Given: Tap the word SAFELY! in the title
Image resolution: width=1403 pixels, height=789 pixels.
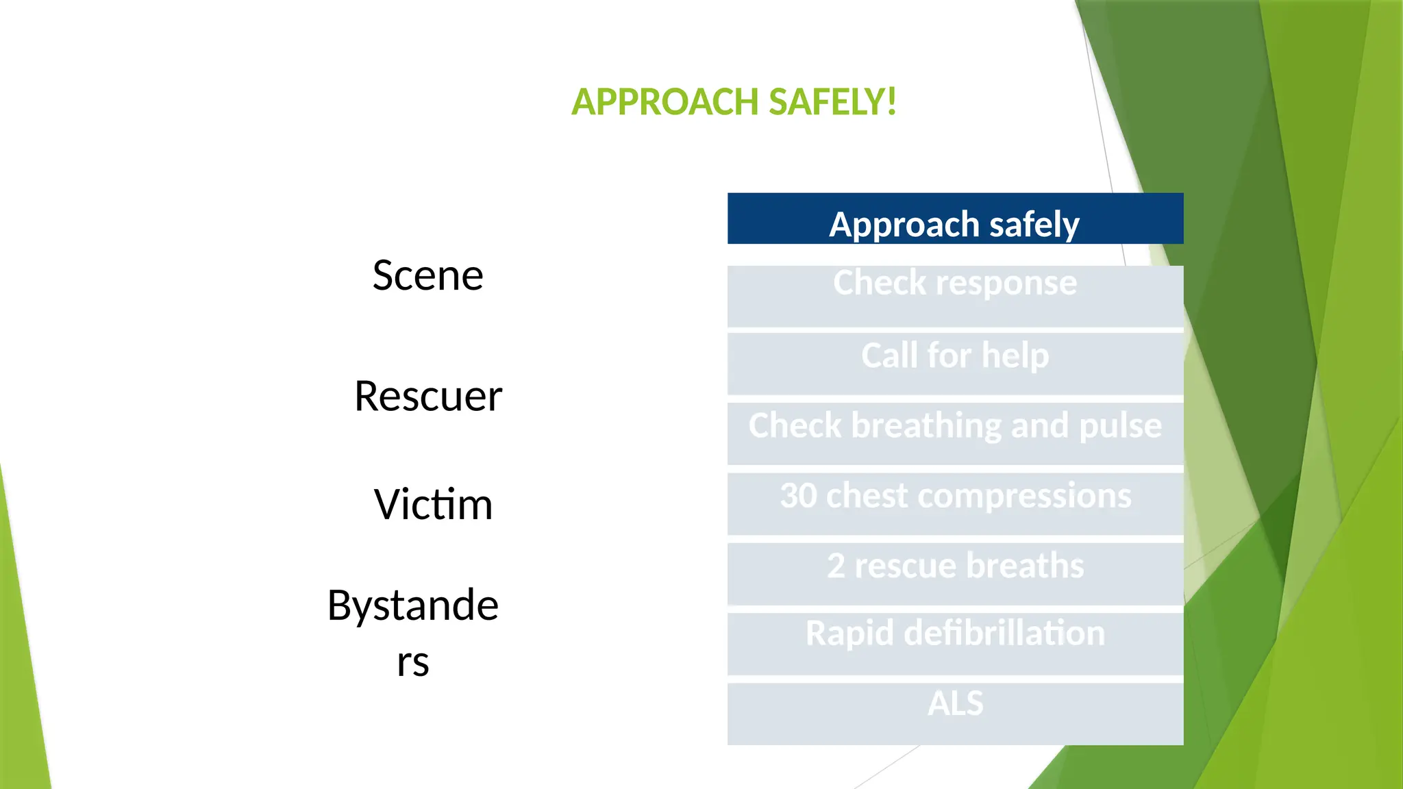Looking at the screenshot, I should [x=832, y=102].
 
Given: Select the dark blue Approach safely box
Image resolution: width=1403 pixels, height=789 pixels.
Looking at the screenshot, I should [x=955, y=219].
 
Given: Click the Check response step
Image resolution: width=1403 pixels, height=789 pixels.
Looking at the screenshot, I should [x=955, y=296].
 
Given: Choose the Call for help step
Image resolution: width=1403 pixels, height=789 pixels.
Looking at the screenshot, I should [x=955, y=363].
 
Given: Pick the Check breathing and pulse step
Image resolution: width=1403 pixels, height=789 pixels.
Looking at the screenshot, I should [x=955, y=433].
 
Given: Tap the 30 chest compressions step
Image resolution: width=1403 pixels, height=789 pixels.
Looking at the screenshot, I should [x=955, y=503].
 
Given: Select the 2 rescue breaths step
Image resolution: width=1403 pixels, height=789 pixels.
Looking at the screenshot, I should [x=955, y=573].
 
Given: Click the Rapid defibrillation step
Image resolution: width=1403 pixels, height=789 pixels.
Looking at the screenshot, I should [x=955, y=642].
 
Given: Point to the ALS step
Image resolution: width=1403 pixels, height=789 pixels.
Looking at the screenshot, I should [x=955, y=712].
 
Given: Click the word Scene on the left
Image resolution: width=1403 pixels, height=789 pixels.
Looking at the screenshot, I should [x=428, y=275].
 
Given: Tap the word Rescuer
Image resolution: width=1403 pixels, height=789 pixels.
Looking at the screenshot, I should [x=428, y=396].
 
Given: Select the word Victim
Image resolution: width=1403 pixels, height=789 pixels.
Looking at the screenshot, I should [x=433, y=504].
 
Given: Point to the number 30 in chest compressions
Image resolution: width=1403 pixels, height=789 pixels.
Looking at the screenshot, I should [x=798, y=495].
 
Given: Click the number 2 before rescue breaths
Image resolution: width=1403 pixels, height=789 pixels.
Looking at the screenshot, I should [x=836, y=566].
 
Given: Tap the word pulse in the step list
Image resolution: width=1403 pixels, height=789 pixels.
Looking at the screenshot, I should [x=1120, y=425].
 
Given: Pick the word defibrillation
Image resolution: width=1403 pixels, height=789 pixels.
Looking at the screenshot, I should [x=1004, y=633].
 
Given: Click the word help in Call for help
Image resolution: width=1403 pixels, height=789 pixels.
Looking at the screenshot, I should [x=1015, y=355].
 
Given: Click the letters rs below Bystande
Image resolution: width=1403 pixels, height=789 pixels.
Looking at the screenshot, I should [x=413, y=662].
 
